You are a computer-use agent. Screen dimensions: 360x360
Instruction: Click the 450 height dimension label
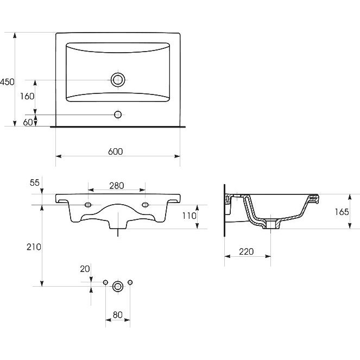pyautogui.click(x=7, y=82)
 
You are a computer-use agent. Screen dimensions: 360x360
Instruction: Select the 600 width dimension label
pyautogui.click(x=115, y=151)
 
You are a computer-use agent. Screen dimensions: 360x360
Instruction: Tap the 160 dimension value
pyautogui.click(x=27, y=96)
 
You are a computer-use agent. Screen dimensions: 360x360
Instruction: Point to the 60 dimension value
pyautogui.click(x=28, y=122)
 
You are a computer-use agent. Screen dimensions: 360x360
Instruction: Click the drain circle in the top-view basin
pyautogui.click(x=118, y=80)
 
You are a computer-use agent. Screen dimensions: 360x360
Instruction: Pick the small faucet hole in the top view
pyautogui.click(x=118, y=115)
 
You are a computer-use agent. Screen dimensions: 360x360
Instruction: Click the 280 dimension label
pyautogui.click(x=117, y=186)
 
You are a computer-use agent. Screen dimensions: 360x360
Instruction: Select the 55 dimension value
pyautogui.click(x=35, y=182)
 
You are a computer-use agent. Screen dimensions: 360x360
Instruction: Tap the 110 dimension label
pyautogui.click(x=189, y=216)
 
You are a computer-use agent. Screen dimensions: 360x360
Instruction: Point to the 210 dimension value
pyautogui.click(x=34, y=247)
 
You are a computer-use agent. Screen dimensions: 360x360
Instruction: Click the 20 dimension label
pyautogui.click(x=85, y=269)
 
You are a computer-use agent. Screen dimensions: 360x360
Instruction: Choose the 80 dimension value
pyautogui.click(x=117, y=315)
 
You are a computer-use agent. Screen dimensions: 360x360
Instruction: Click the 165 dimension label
pyautogui.click(x=342, y=212)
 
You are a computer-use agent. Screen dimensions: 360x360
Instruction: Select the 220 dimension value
pyautogui.click(x=247, y=251)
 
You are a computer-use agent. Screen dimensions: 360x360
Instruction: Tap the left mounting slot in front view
pyautogui.click(x=88, y=205)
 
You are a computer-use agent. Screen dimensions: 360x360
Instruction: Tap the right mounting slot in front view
pyautogui.click(x=145, y=205)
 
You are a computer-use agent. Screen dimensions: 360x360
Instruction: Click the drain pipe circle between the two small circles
pyautogui.click(x=118, y=286)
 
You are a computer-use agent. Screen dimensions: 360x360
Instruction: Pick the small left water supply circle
pyautogui.click(x=105, y=282)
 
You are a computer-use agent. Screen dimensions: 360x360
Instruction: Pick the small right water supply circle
pyautogui.click(x=130, y=282)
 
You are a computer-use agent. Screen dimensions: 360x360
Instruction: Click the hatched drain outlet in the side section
pyautogui.click(x=271, y=224)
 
